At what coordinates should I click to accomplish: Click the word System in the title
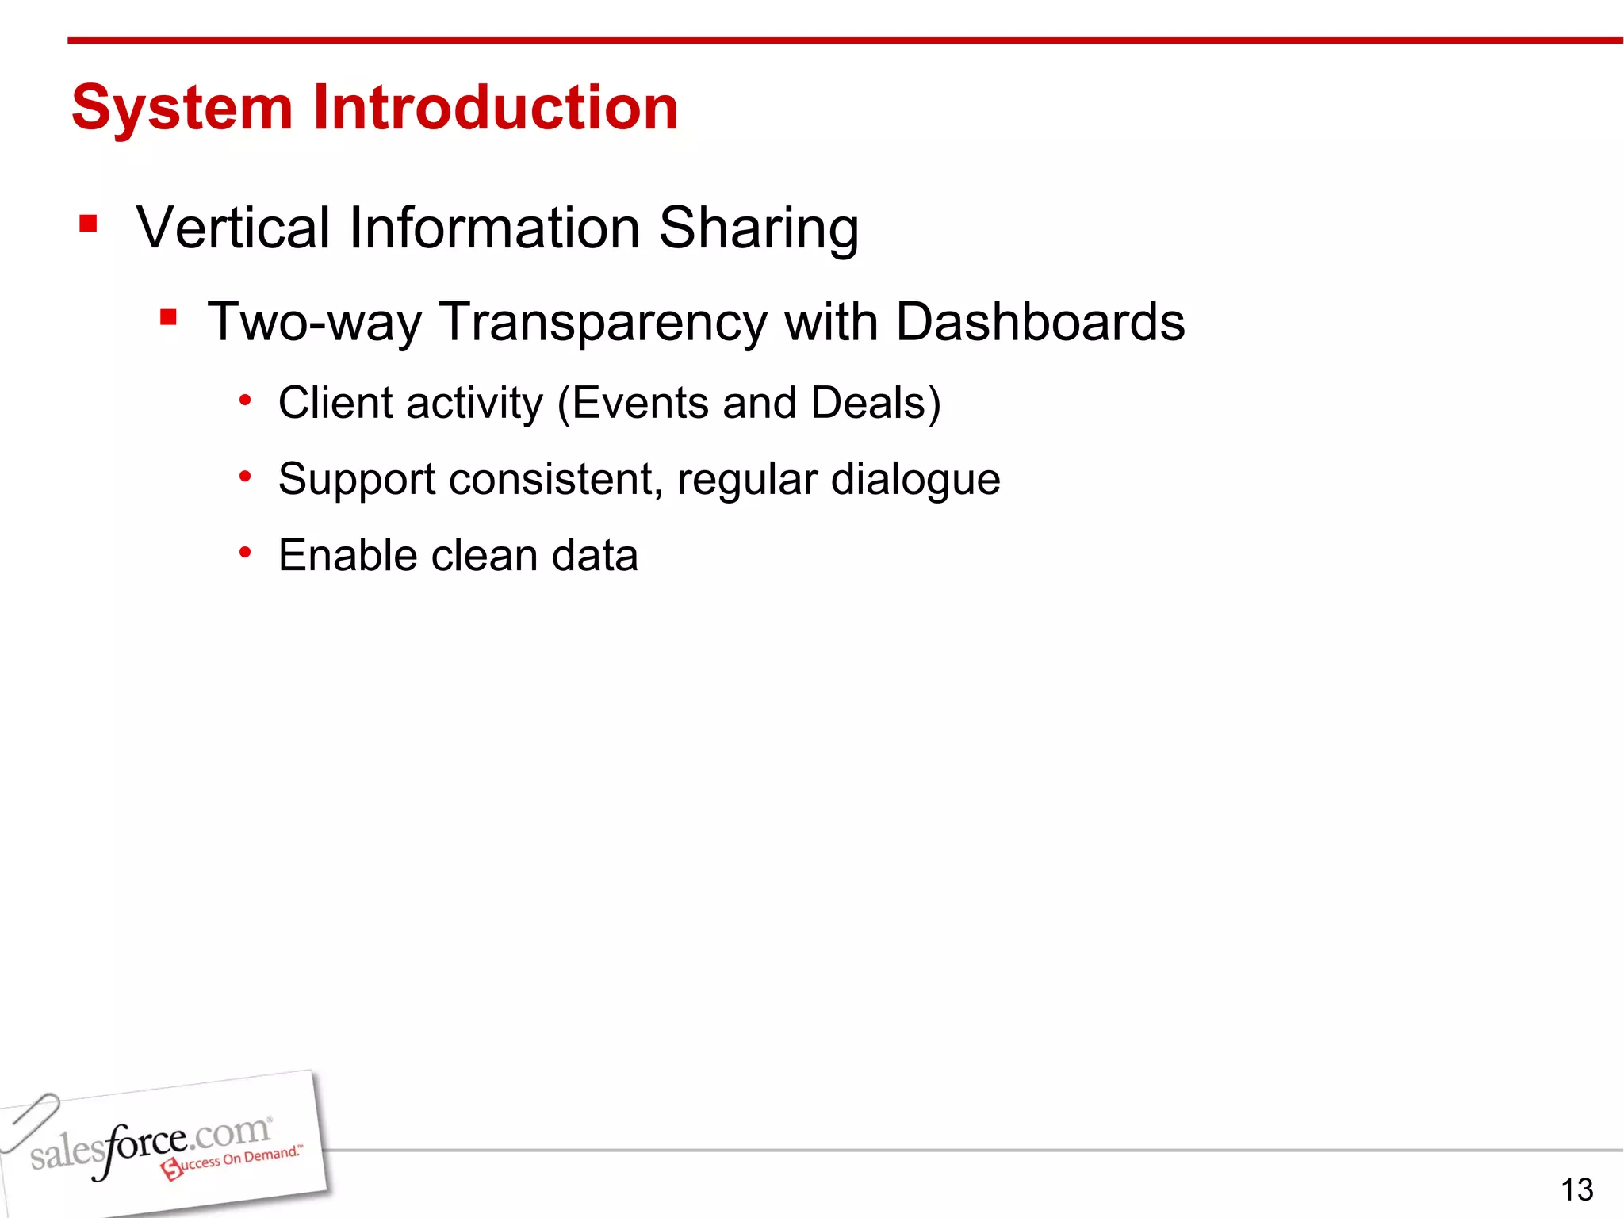tap(182, 109)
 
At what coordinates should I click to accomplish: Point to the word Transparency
tap(603, 324)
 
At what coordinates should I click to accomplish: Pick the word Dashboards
tap(1040, 322)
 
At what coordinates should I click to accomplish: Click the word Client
tap(335, 403)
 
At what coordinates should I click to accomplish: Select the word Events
tap(639, 403)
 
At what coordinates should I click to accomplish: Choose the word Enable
tap(347, 555)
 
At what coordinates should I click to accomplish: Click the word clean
tap(484, 555)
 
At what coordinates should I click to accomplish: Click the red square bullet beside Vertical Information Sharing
tap(88, 224)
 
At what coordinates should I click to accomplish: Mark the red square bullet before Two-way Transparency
tap(167, 318)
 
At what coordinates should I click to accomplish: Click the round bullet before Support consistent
tap(246, 477)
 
